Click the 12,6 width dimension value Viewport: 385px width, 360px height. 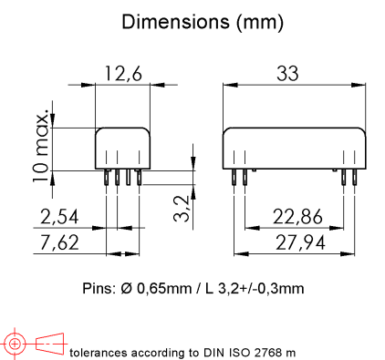(x=123, y=74)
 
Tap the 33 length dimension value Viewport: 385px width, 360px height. (x=287, y=74)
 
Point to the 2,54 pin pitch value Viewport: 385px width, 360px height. (x=59, y=217)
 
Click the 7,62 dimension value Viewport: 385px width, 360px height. (x=59, y=242)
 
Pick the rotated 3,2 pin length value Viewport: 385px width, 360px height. (x=182, y=209)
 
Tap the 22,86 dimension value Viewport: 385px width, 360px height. (x=297, y=217)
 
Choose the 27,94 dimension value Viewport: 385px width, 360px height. (x=300, y=243)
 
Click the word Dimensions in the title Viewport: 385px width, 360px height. (x=176, y=22)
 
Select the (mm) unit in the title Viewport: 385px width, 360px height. (x=260, y=23)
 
